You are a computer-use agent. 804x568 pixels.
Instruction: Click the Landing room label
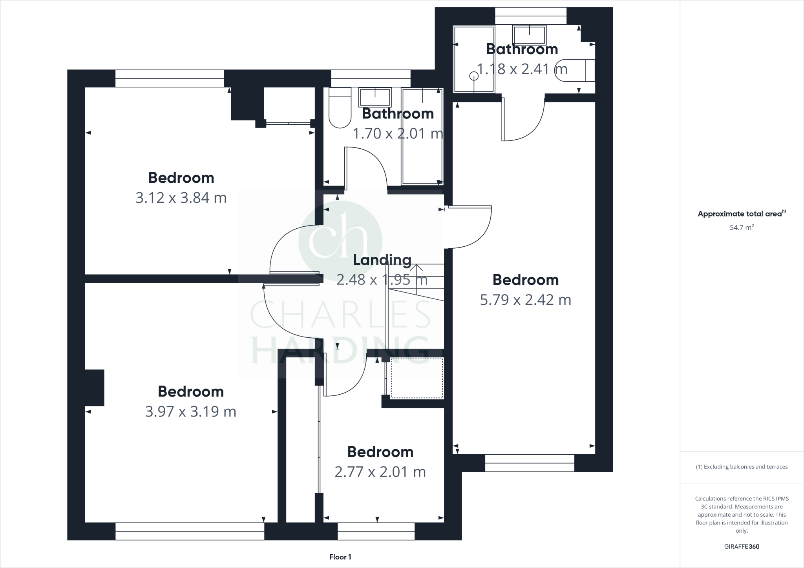pos(382,260)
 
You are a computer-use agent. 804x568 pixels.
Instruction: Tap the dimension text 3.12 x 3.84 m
pos(181,198)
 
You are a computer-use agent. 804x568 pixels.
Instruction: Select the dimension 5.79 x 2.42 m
pos(525,300)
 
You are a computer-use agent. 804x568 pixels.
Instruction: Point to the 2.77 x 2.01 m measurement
pos(380,472)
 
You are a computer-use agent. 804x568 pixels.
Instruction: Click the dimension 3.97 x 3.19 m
pos(191,411)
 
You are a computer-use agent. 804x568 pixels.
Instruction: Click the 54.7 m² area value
pos(742,228)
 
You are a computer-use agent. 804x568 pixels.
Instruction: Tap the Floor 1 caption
pos(340,557)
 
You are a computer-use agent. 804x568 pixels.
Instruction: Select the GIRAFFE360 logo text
pos(742,546)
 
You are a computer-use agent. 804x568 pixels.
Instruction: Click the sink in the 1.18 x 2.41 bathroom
pos(529,35)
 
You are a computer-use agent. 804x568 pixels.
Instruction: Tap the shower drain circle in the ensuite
pos(474,76)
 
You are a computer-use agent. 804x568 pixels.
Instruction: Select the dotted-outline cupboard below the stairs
pos(417,378)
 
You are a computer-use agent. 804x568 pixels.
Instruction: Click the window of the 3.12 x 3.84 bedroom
pos(170,78)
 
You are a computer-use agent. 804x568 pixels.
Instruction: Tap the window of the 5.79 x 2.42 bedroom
pos(529,463)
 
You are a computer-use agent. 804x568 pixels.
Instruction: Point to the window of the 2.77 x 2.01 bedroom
pos(376,531)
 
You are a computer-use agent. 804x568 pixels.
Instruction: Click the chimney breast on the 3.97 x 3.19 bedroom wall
pos(95,388)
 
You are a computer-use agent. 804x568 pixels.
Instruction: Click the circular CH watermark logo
pos(340,240)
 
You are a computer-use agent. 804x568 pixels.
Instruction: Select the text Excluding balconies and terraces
pos(742,467)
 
